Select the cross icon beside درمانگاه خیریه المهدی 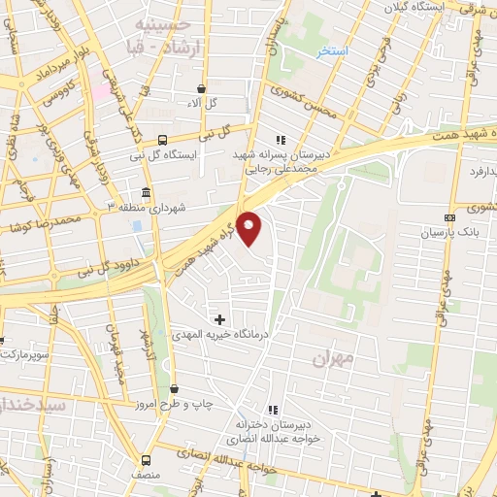[x=219, y=318]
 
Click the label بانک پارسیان [x=451, y=234]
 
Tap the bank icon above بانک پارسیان [x=448, y=217]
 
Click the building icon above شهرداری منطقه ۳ [x=145, y=192]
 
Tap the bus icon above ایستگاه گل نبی [x=162, y=139]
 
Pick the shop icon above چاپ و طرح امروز [x=173, y=388]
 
